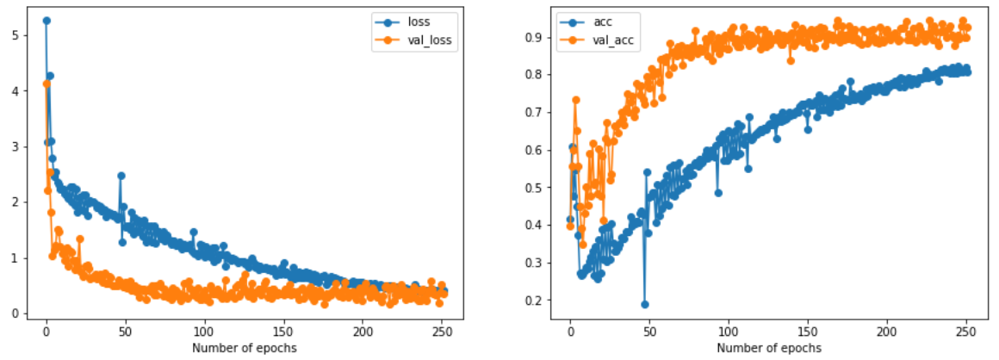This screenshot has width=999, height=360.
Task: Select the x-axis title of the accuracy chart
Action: (x=768, y=347)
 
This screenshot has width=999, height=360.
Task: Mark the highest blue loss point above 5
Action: (x=47, y=21)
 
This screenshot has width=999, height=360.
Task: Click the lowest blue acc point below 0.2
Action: (x=644, y=304)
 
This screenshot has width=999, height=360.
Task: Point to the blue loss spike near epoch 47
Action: (x=121, y=176)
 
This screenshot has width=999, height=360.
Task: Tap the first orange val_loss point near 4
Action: (x=47, y=84)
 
